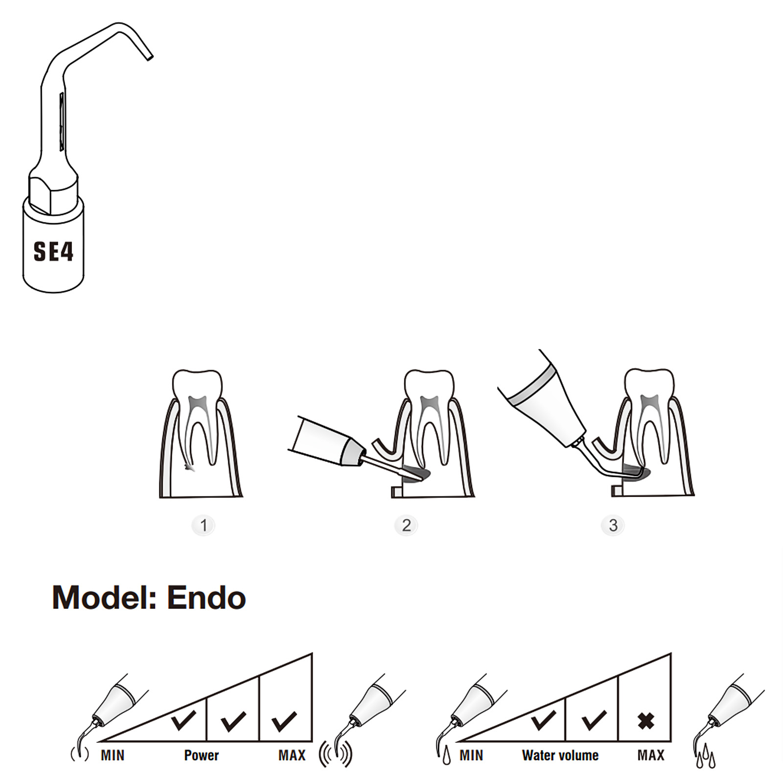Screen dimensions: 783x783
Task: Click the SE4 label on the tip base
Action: [53, 252]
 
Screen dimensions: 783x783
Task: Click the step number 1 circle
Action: [204, 526]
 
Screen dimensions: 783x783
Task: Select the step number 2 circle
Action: [406, 526]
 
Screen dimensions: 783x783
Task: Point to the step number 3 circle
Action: [613, 526]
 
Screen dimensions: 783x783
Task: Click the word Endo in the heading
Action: [206, 598]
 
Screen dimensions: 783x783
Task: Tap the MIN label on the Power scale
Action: [113, 755]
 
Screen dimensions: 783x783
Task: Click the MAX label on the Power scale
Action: [292, 755]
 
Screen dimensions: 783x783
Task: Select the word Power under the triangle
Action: [201, 755]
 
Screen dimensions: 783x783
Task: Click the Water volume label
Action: [560, 755]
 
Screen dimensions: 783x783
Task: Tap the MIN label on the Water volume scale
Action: [471, 755]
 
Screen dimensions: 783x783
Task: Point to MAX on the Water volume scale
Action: [651, 755]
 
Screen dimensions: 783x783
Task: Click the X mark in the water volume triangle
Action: [646, 721]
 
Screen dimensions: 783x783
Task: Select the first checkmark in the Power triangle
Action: [184, 720]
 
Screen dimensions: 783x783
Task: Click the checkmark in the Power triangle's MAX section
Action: [284, 720]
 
